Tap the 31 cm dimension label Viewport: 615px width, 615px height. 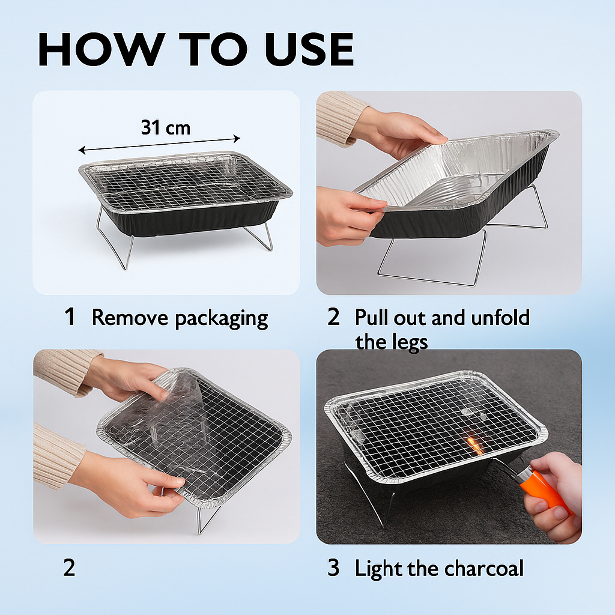[166, 127]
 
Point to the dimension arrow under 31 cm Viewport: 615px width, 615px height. [159, 144]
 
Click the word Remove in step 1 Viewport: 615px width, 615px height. [130, 317]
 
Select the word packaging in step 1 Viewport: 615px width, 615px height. [221, 319]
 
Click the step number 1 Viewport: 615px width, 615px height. [70, 316]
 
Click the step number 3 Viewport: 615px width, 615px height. [333, 568]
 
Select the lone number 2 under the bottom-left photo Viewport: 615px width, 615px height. [69, 568]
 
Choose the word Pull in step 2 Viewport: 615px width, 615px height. [371, 317]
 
